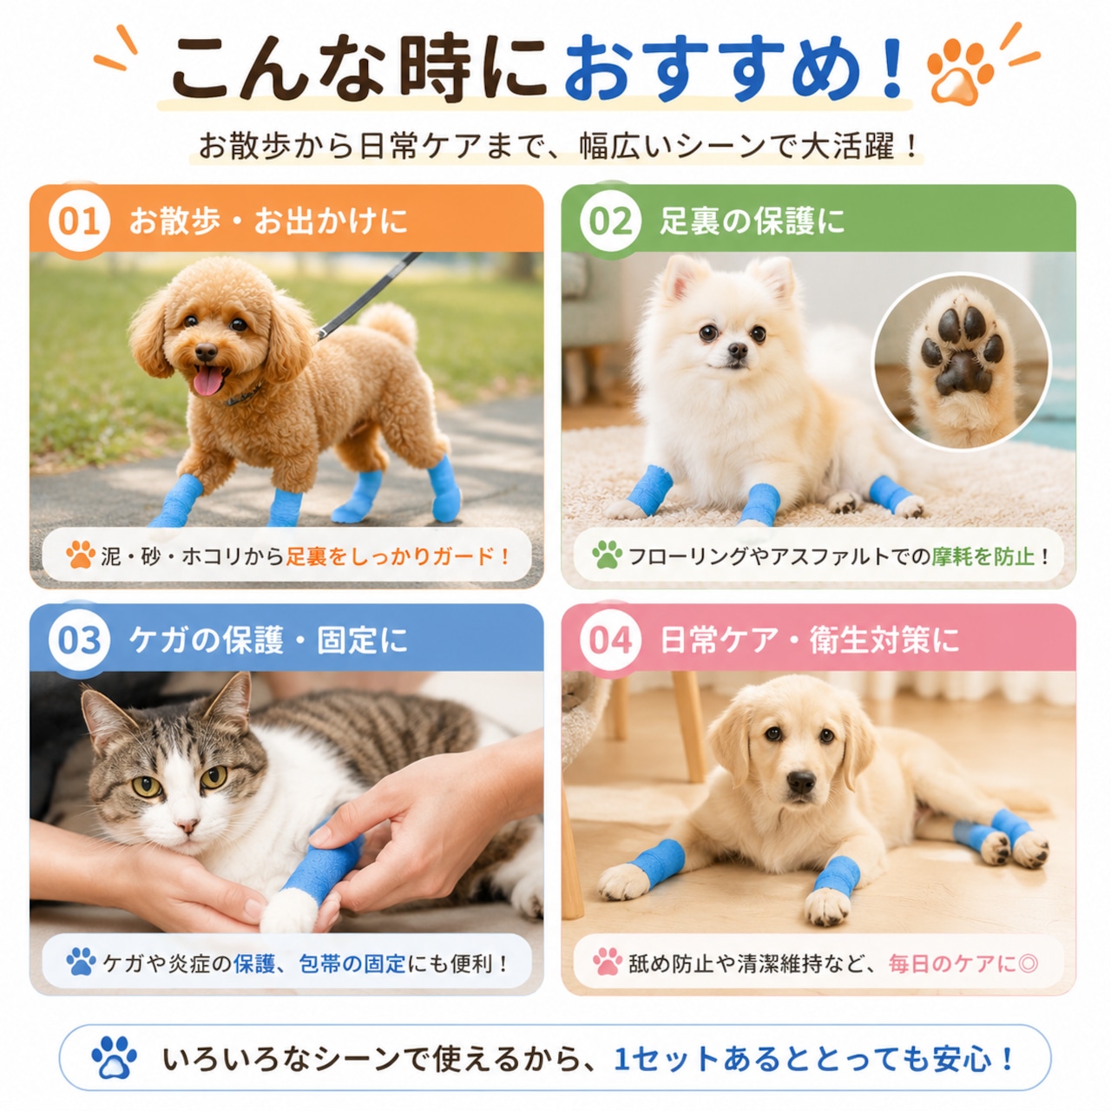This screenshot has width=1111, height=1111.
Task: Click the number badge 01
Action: (78, 221)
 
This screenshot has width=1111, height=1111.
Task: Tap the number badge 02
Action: (610, 221)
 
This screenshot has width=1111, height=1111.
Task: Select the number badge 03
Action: (78, 641)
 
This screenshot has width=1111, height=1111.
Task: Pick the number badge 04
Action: (610, 641)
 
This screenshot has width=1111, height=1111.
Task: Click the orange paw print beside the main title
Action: (959, 70)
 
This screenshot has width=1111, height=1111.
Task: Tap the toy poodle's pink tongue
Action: (207, 381)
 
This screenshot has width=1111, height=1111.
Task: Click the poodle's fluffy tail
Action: (390, 324)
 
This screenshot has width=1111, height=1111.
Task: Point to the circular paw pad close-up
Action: (962, 362)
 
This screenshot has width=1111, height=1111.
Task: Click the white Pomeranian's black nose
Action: (736, 350)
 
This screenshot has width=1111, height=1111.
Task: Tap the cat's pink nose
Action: (187, 826)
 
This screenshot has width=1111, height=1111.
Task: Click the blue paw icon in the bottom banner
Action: (115, 1057)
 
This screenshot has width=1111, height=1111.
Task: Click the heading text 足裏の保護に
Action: (752, 221)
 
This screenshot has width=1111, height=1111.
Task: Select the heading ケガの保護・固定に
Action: (269, 641)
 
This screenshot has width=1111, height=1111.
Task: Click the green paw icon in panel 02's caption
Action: (607, 555)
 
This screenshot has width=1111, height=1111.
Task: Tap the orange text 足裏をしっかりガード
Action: (391, 555)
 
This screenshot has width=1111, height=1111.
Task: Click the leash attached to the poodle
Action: (369, 295)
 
